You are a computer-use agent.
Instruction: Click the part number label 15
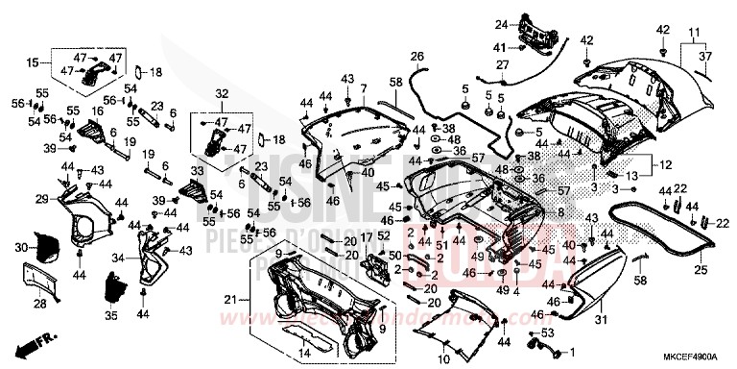coord(33,62)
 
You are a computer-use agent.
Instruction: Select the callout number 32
coord(222,93)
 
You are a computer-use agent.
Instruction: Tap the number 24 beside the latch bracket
coord(500,24)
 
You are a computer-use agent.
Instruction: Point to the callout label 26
coord(416,58)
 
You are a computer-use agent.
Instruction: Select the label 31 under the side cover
coord(602,319)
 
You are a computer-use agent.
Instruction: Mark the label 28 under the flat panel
coord(39,304)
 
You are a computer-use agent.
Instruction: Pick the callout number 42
coord(663,31)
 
